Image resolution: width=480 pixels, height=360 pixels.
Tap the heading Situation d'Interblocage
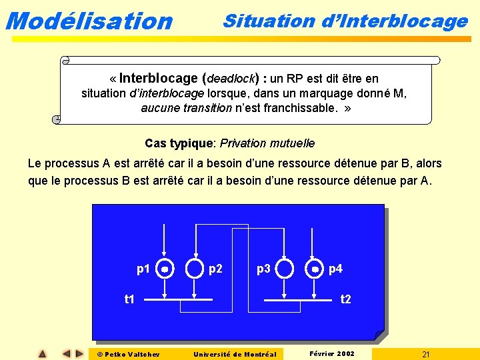coord(345,21)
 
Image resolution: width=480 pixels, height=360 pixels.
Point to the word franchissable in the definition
coord(301,108)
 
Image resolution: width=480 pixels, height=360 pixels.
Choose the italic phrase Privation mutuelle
coord(267,143)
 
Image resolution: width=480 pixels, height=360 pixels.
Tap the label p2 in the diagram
coord(215,269)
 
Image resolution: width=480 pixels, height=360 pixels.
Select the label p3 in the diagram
coord(264,269)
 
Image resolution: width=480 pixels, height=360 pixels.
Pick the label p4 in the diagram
coord(335,269)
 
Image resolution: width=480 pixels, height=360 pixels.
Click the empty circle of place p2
coord(194,269)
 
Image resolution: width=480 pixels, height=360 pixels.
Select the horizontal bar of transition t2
coord(297,300)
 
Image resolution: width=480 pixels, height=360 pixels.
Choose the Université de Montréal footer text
coord(234,353)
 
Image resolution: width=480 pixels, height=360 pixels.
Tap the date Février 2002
coord(333,353)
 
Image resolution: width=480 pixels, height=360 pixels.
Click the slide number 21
coord(425,353)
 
